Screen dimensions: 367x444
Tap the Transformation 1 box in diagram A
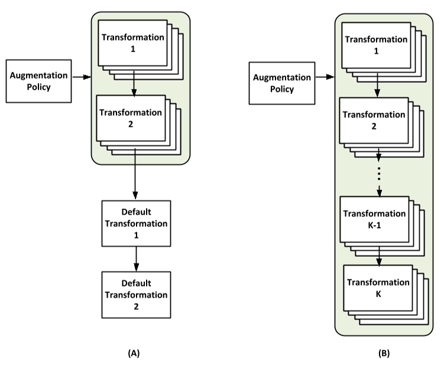coord(132,43)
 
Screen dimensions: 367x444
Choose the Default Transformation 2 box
coord(136,294)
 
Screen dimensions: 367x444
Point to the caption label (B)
coord(384,353)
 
